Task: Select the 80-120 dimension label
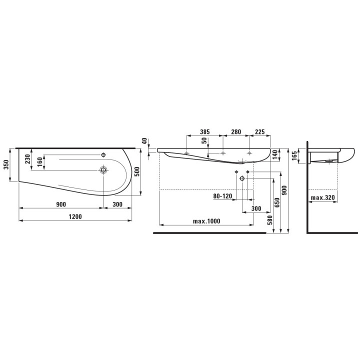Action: [x=222, y=196]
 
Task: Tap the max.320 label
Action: [x=323, y=198]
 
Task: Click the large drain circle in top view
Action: [x=103, y=170]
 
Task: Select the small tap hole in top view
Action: [x=104, y=154]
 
